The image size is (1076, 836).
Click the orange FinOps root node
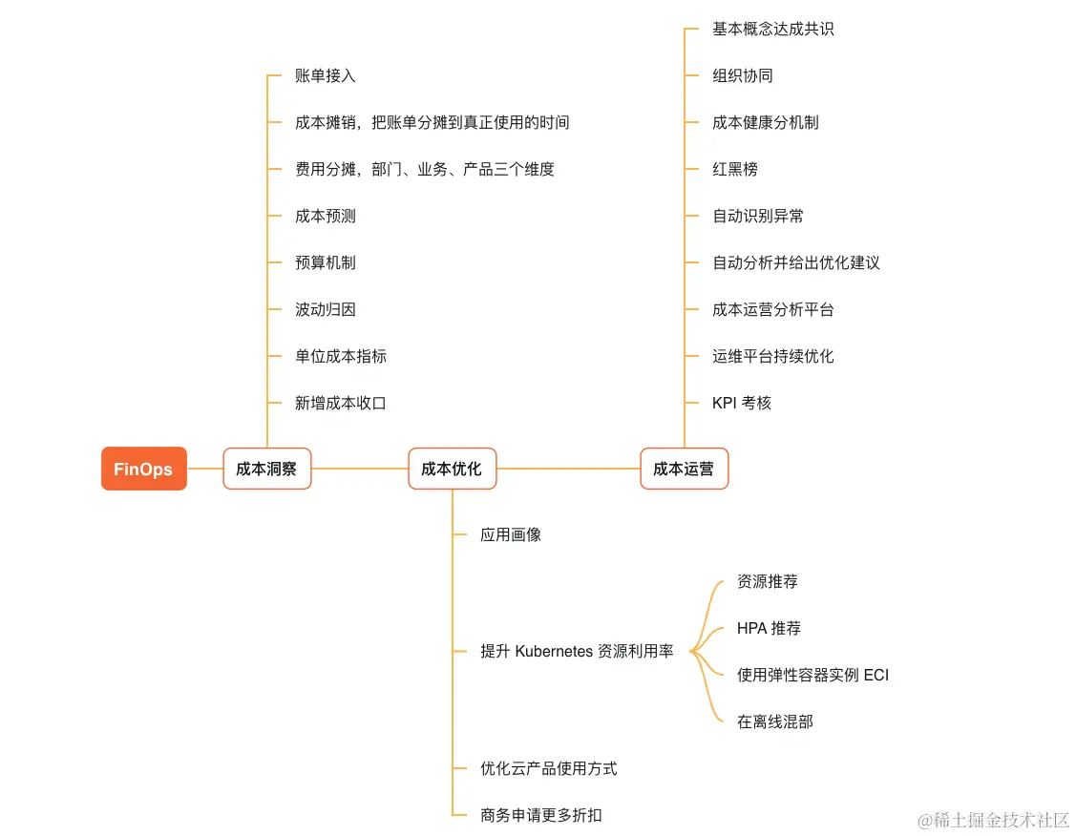coord(143,469)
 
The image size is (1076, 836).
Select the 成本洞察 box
coord(266,469)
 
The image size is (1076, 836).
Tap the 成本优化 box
coord(452,469)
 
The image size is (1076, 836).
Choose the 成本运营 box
coord(684,469)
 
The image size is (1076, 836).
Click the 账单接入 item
coord(325,75)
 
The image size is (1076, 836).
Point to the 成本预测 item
coord(325,216)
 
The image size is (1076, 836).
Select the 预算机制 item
coord(325,262)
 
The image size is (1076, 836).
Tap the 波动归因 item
coord(325,309)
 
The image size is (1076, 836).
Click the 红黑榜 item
coord(734,169)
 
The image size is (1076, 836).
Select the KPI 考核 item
coord(741,403)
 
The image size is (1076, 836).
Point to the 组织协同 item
coord(742,75)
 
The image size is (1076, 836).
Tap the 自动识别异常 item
coord(757,216)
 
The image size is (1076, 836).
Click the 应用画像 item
coord(510,534)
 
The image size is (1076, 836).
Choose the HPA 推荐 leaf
coord(769,628)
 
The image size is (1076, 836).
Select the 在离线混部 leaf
coord(774,721)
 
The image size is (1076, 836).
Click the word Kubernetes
coord(554,652)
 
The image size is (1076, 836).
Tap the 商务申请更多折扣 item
coord(540,815)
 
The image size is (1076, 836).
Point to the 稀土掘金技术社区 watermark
coord(993,820)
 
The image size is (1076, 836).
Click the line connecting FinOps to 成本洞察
coord(204,469)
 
